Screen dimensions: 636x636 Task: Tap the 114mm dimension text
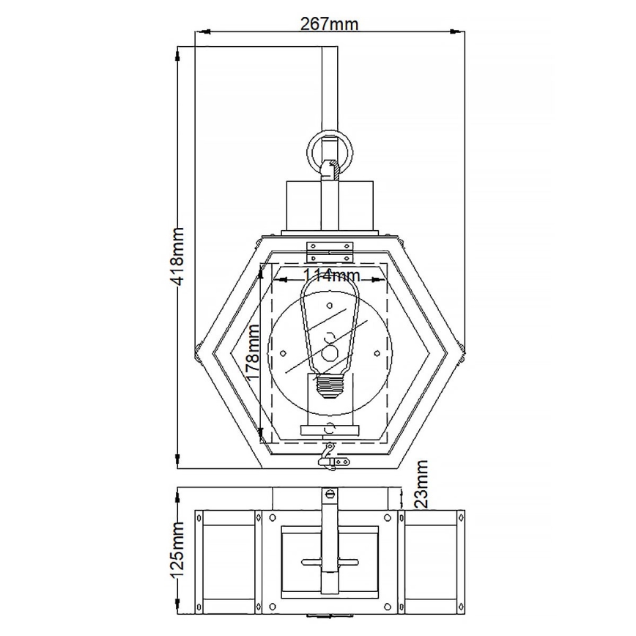[x=332, y=276]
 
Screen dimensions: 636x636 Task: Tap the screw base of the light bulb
[x=330, y=386]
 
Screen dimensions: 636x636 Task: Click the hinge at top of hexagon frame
[x=330, y=249]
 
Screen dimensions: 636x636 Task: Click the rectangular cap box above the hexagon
[x=329, y=207]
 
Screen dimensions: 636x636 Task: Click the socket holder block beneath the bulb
[x=330, y=430]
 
